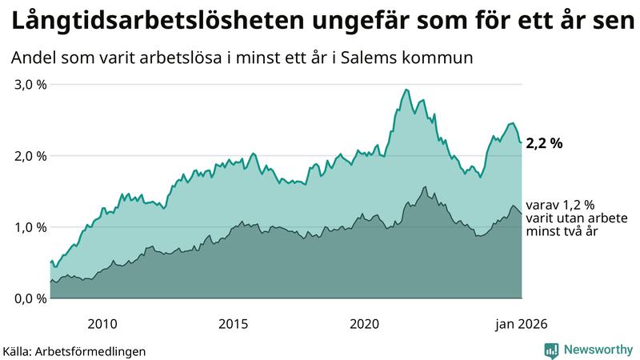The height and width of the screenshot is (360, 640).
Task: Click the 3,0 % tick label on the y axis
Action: (x=30, y=85)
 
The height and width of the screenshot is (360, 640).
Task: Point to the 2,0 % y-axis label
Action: (x=30, y=156)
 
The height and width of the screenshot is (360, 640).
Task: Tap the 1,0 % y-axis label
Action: (x=30, y=227)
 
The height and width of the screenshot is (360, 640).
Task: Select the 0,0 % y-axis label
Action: (x=30, y=298)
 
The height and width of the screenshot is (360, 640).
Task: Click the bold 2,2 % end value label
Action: (x=545, y=143)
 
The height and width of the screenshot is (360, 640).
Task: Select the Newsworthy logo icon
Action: (x=551, y=350)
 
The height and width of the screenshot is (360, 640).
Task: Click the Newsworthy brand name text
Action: (x=597, y=350)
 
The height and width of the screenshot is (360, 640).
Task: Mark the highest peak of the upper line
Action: (x=406, y=90)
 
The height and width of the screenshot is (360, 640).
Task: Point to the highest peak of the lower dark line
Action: (x=425, y=187)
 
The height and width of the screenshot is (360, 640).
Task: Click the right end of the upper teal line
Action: (x=522, y=142)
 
